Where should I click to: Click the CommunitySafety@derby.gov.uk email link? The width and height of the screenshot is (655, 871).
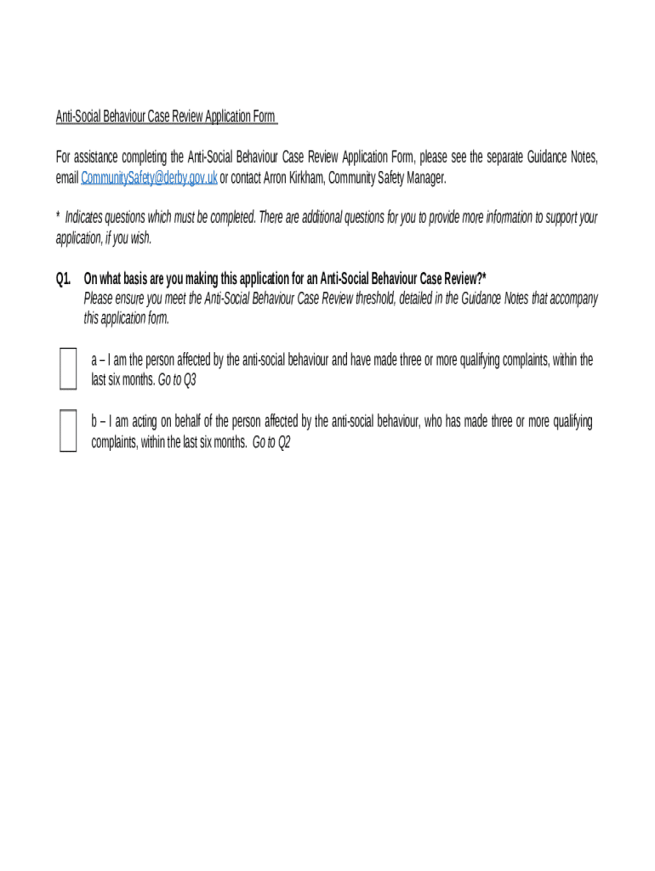(x=149, y=178)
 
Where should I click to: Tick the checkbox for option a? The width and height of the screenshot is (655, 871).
(x=68, y=368)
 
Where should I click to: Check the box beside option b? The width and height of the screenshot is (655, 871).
(x=68, y=430)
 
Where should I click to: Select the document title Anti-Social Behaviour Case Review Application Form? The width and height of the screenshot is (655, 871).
(x=165, y=117)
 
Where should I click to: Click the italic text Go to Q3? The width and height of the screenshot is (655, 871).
(x=177, y=380)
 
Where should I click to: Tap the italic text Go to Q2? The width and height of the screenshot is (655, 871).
(x=271, y=442)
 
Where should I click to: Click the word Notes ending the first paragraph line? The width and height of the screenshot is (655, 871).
(x=583, y=157)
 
